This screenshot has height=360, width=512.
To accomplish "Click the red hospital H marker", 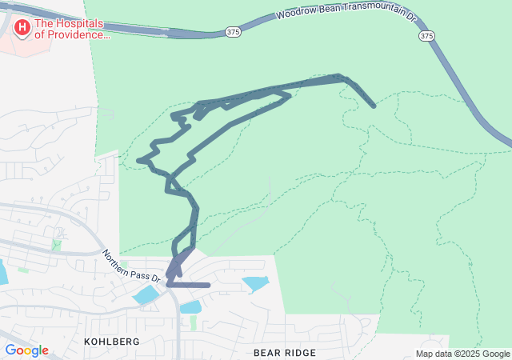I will tap(22, 29).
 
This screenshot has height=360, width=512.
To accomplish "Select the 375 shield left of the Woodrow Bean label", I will tap(232, 31).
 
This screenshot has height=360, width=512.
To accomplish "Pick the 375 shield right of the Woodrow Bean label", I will tap(426, 36).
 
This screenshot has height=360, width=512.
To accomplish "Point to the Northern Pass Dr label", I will tap(131, 268).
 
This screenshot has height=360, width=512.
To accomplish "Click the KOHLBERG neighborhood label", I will tap(112, 342).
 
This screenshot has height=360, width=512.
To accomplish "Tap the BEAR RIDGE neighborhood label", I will tap(284, 353).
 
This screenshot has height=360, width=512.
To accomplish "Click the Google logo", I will tap(26, 350).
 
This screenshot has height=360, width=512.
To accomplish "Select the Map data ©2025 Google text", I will tap(462, 354).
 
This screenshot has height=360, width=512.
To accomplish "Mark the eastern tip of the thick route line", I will tap(374, 106).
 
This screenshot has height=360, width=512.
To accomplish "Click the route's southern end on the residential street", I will tap(208, 285).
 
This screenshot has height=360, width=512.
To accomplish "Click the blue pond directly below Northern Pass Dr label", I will tap(146, 295).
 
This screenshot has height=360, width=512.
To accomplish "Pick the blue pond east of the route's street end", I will tap(255, 283).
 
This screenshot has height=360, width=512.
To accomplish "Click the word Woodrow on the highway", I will tap(293, 15).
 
